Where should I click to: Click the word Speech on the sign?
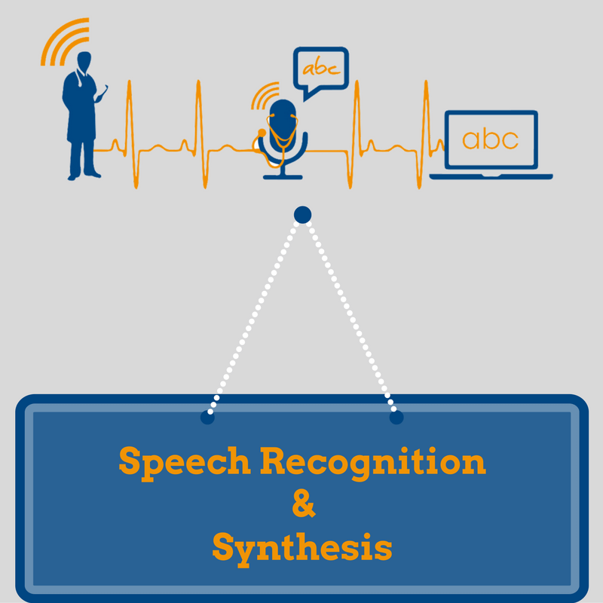point(185,463)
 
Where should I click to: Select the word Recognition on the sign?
point(373,463)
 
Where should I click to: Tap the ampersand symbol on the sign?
point(304,504)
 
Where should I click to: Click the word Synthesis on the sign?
point(302,549)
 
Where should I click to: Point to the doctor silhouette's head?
point(84,61)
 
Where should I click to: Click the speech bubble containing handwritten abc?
point(321,71)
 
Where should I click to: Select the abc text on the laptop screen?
point(491,139)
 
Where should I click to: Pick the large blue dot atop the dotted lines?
point(303,215)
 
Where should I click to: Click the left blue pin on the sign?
point(207,418)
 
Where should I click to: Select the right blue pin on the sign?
point(396,418)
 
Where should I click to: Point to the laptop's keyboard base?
point(491,176)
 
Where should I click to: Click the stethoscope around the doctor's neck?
point(81,78)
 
